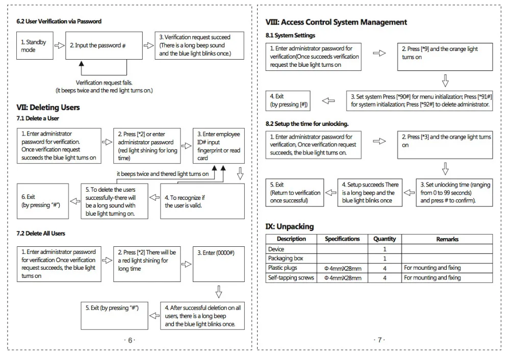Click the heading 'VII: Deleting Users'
(x=48, y=108)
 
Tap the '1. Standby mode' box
(x=34, y=46)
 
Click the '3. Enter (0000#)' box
(x=218, y=264)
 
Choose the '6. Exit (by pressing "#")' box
(x=41, y=200)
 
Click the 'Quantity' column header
(x=385, y=239)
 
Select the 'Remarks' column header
(x=447, y=239)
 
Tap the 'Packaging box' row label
(x=286, y=259)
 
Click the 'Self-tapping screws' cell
(x=291, y=278)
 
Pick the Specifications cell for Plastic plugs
(x=342, y=268)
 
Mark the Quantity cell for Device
(x=385, y=249)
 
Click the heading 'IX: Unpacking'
(x=290, y=226)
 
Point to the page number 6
(x=130, y=340)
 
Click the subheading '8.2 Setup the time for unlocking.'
(x=307, y=124)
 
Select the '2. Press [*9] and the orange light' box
(x=445, y=57)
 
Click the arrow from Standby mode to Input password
(x=59, y=46)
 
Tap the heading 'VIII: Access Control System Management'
(x=337, y=22)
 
